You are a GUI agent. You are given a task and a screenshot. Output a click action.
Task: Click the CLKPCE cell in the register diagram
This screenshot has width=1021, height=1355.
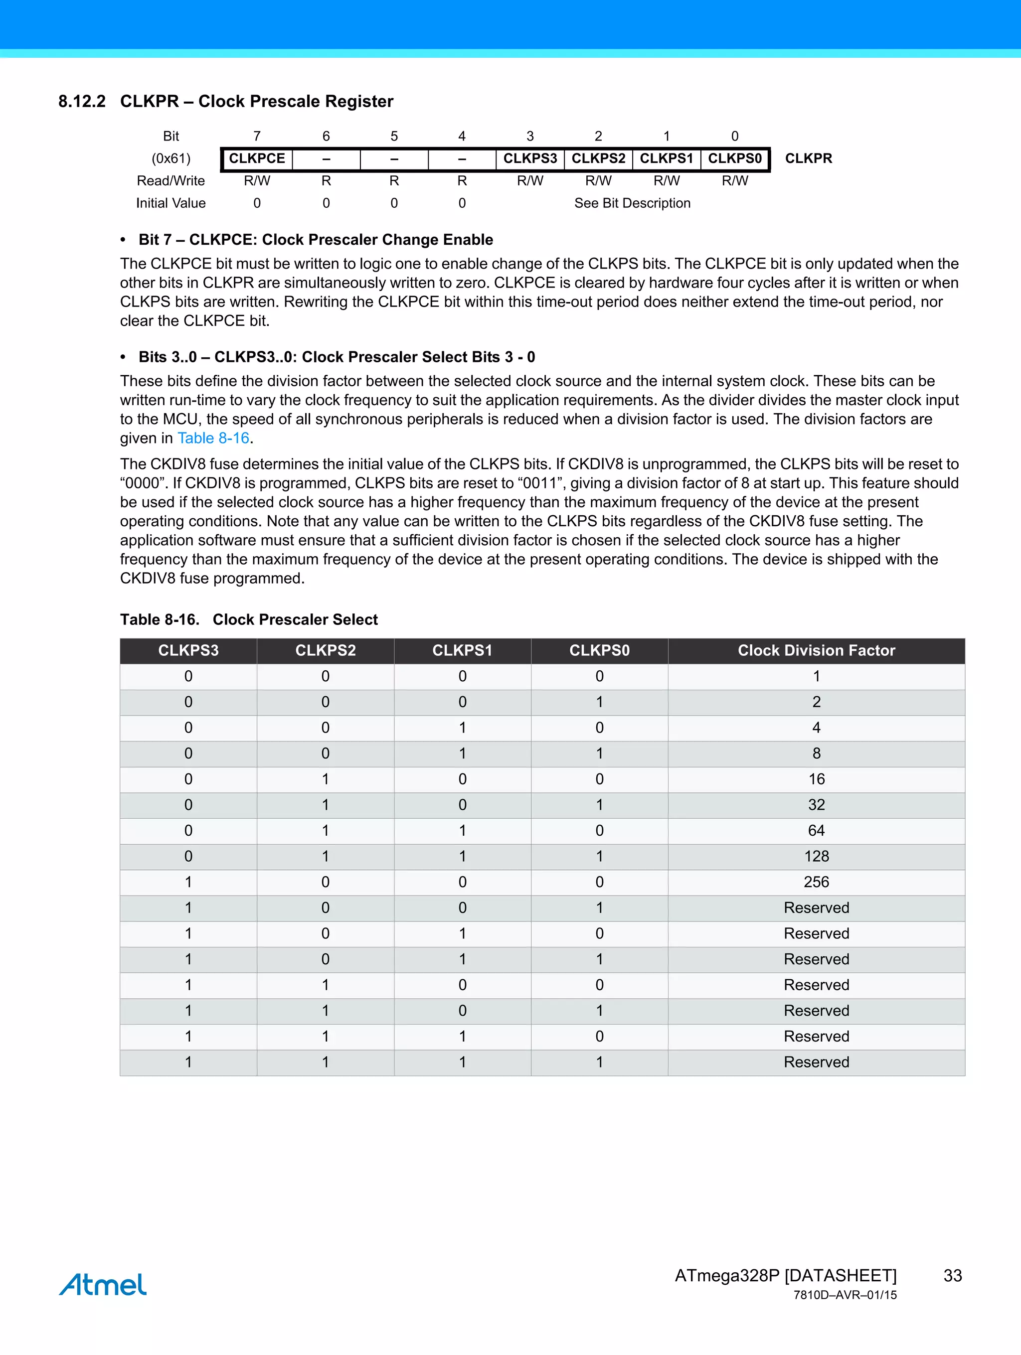[257, 158]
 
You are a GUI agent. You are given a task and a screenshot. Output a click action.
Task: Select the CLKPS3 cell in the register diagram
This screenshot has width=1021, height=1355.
[530, 158]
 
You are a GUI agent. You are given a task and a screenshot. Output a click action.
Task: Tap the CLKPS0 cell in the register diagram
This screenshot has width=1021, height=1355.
[735, 158]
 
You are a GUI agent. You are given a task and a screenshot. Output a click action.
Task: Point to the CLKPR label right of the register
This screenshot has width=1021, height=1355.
[808, 158]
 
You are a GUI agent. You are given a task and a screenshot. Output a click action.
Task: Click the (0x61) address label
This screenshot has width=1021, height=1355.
[171, 158]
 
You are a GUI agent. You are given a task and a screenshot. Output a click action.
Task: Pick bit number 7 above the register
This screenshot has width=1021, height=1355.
[257, 136]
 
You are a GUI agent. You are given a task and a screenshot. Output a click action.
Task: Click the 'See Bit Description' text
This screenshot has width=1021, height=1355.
[632, 203]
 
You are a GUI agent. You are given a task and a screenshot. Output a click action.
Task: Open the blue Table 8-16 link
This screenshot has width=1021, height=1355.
[213, 438]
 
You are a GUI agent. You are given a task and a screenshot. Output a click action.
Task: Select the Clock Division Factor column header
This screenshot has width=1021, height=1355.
[816, 650]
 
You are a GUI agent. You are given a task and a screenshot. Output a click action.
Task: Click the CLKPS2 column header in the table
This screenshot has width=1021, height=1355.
[326, 650]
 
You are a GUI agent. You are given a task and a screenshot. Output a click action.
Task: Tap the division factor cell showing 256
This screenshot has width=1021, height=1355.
[816, 882]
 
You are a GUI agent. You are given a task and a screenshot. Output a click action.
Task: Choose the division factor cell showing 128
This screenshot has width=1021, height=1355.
[816, 856]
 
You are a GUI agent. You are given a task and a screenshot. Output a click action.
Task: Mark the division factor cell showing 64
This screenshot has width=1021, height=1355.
[816, 831]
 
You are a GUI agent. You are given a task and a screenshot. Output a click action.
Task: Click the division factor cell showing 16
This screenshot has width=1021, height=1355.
[816, 779]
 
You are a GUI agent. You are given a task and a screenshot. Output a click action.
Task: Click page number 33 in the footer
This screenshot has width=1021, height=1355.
[952, 1275]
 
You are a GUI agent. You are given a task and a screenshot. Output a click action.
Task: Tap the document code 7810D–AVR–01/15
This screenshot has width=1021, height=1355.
[845, 1295]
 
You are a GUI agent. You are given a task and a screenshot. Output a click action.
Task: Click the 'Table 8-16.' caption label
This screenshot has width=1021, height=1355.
[160, 620]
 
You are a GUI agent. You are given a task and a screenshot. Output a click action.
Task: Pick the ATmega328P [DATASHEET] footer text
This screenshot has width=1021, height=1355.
[785, 1275]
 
